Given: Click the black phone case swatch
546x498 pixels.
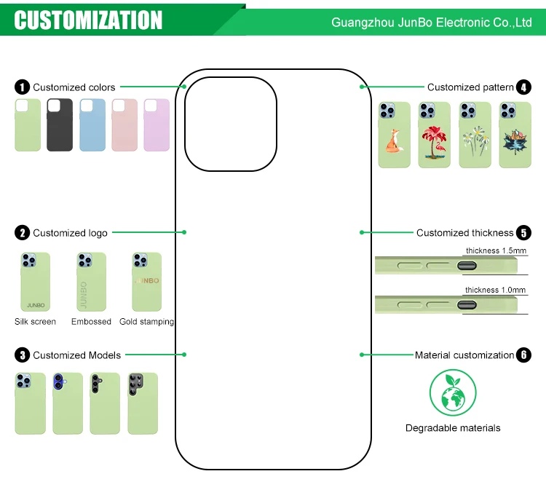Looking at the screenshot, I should click(60, 125).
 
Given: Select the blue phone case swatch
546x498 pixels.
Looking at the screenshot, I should click(92, 125).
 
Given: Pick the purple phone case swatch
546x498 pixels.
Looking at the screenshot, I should click(157, 125).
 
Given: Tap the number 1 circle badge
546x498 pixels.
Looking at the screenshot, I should click(23, 87).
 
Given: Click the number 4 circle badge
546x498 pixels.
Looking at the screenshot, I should click(523, 87).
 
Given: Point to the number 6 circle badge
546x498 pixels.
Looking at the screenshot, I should click(523, 355).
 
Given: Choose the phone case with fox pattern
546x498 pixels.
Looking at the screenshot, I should click(394, 135).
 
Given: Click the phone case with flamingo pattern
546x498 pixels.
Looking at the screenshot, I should click(434, 135).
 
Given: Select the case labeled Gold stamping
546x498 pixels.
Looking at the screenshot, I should click(146, 282).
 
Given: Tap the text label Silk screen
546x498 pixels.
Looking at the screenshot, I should click(35, 322).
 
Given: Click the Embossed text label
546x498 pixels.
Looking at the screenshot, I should click(91, 322).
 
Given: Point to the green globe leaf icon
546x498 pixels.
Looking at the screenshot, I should click(453, 393).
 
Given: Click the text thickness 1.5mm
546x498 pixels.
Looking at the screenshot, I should click(496, 250).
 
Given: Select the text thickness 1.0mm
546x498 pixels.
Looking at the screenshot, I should click(496, 290).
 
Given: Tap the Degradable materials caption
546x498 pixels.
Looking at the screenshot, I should click(453, 428).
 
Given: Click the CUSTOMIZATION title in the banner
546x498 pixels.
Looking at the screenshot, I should click(89, 20).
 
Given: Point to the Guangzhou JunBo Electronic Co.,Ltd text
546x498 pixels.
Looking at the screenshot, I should click(432, 23).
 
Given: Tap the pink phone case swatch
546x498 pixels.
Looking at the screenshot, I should click(124, 125).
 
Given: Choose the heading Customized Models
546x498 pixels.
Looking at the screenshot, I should click(77, 355).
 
